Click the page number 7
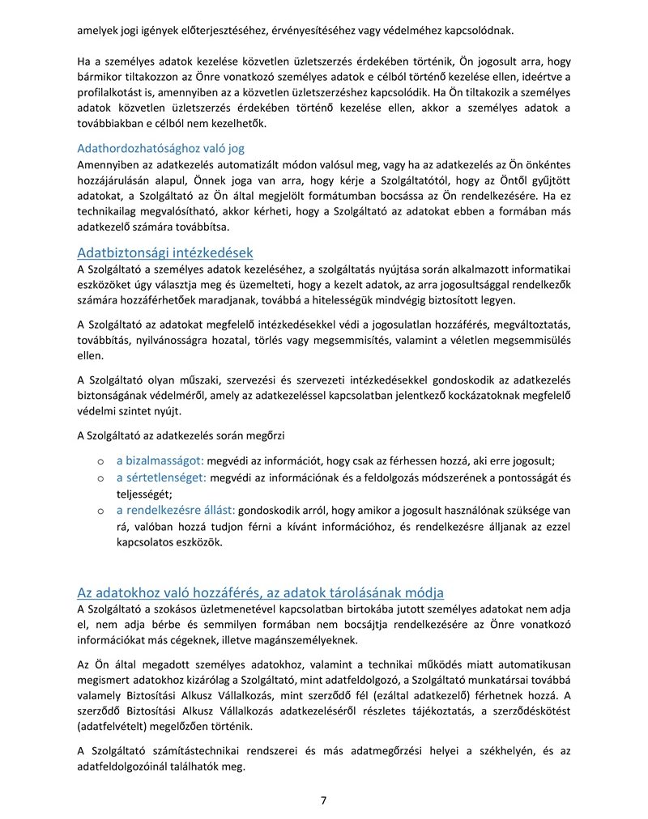tap(323, 800)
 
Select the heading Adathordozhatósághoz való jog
tap(160, 148)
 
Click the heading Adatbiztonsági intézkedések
tap(164, 252)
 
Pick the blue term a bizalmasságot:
tap(160, 460)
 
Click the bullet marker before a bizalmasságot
tap(98, 461)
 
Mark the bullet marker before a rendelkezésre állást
tap(98, 511)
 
